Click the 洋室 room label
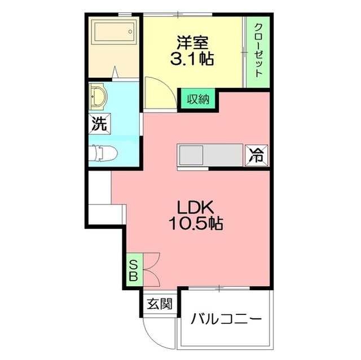[x=192, y=42]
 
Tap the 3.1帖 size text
[x=192, y=59]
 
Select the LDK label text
[x=196, y=207]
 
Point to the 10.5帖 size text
[x=196, y=224]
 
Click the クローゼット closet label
[x=258, y=50]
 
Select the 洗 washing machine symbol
[x=99, y=124]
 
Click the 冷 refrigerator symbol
[x=257, y=155]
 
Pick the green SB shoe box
[x=135, y=270]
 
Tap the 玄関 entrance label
[x=160, y=304]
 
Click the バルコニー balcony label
[x=226, y=318]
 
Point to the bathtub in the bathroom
[x=114, y=32]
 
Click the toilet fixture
[x=103, y=153]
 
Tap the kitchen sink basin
[x=191, y=155]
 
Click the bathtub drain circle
[x=130, y=32]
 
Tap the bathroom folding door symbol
[x=115, y=72]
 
